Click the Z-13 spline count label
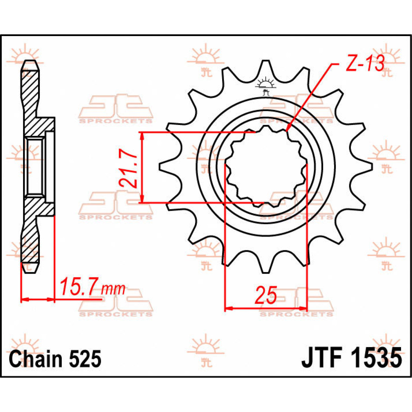tap(364, 64)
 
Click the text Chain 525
tap(55, 359)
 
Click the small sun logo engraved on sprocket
tap(265, 84)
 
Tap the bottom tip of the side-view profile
tap(30, 271)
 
